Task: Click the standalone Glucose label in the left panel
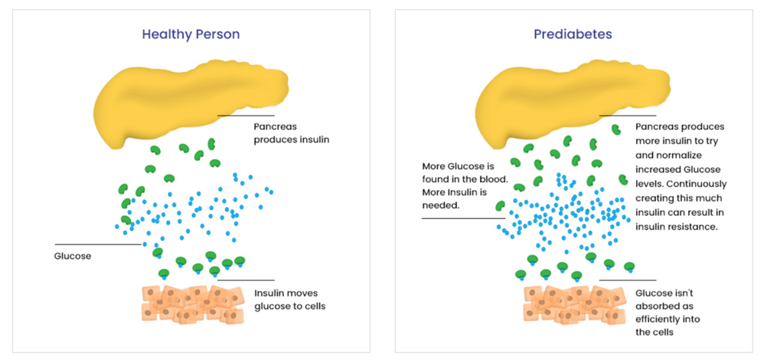[73, 257]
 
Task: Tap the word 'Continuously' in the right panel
[697, 184]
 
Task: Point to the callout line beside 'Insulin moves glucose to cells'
[245, 280]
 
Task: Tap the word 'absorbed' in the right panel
[657, 306]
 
